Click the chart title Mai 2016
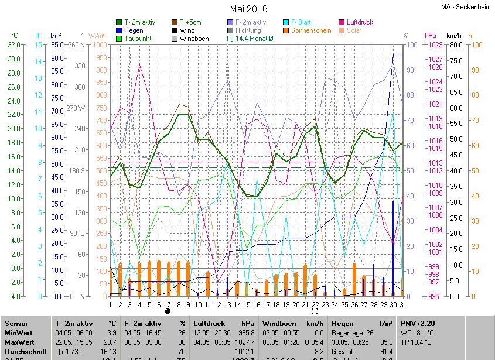248,9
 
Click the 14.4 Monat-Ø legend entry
254,39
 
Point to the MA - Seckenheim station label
466,7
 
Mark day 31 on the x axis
403,304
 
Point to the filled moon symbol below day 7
169,311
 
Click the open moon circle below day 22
315,311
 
